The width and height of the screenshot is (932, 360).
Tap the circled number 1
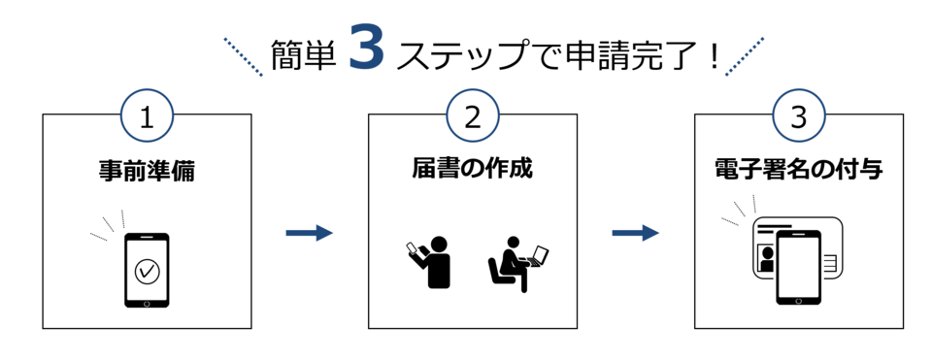pyautogui.click(x=147, y=116)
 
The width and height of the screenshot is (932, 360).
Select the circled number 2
pyautogui.click(x=473, y=116)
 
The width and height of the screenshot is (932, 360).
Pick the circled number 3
pyautogui.click(x=799, y=116)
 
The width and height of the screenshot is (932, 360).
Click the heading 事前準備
pyautogui.click(x=147, y=171)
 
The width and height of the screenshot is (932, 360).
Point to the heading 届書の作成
pyautogui.click(x=473, y=169)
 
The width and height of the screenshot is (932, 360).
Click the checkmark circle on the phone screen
pyautogui.click(x=147, y=272)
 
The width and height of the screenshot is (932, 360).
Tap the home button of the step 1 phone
pyautogui.click(x=147, y=302)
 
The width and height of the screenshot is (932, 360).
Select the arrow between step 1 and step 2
pyautogui.click(x=309, y=234)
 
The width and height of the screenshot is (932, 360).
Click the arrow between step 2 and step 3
pyautogui.click(x=635, y=234)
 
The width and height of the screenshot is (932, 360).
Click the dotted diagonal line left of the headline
pyautogui.click(x=244, y=56)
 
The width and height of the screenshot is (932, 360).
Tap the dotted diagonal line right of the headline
pyautogui.click(x=745, y=56)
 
